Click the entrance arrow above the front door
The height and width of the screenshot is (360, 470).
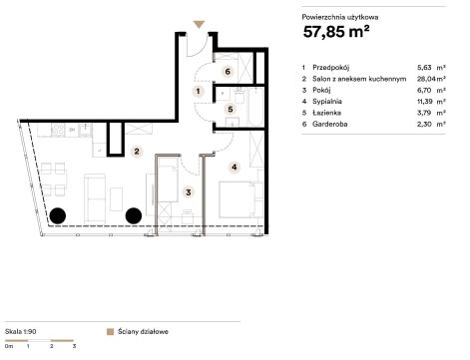(x=199, y=24)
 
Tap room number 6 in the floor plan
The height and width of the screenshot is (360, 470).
(x=228, y=72)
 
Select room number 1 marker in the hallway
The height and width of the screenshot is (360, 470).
(x=199, y=91)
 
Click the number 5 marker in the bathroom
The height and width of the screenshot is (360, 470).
(x=231, y=109)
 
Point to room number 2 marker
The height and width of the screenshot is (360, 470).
(x=137, y=152)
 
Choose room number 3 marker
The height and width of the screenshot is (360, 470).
(x=189, y=192)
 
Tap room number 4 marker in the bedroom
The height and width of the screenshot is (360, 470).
(x=235, y=167)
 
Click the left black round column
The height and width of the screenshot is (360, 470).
(x=58, y=215)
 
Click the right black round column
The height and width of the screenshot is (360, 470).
(x=134, y=215)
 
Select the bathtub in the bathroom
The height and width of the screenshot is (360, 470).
(x=255, y=107)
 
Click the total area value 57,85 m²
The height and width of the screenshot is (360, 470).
(x=336, y=32)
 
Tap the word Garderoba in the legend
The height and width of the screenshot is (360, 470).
(x=330, y=124)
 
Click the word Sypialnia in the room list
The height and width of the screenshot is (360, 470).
(x=327, y=102)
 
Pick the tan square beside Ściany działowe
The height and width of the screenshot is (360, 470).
(x=110, y=332)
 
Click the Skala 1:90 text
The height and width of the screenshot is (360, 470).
(x=21, y=331)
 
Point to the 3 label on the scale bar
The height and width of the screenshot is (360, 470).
(x=74, y=346)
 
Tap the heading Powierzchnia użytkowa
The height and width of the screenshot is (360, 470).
(x=340, y=17)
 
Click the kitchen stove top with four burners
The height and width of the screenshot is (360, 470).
(x=58, y=130)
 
